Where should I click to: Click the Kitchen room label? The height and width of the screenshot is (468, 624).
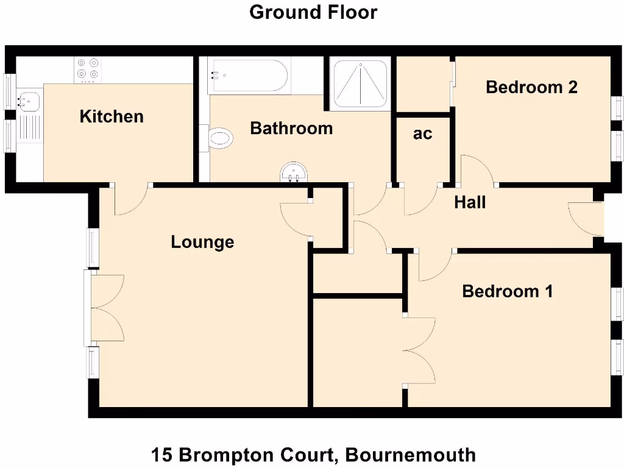(x=112, y=116)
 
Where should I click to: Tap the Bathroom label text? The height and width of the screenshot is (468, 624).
(x=291, y=129)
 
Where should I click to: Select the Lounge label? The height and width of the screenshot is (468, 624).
(x=202, y=242)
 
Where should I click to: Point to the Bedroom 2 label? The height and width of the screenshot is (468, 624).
(x=531, y=87)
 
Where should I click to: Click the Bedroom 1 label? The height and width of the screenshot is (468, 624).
(x=508, y=291)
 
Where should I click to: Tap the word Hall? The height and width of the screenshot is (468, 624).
(x=470, y=202)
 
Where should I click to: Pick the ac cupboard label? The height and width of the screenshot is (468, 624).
(x=422, y=134)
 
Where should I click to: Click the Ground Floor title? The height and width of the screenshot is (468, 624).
(x=313, y=12)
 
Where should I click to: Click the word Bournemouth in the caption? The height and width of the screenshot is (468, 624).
(x=409, y=455)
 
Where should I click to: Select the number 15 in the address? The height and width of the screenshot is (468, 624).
(x=161, y=455)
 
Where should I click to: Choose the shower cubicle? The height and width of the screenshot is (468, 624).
(x=360, y=83)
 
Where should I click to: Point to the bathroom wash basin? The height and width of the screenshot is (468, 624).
(x=294, y=174)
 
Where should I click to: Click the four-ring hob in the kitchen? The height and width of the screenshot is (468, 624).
(x=87, y=69)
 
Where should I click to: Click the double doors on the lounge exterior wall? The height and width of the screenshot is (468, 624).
(x=107, y=308)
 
